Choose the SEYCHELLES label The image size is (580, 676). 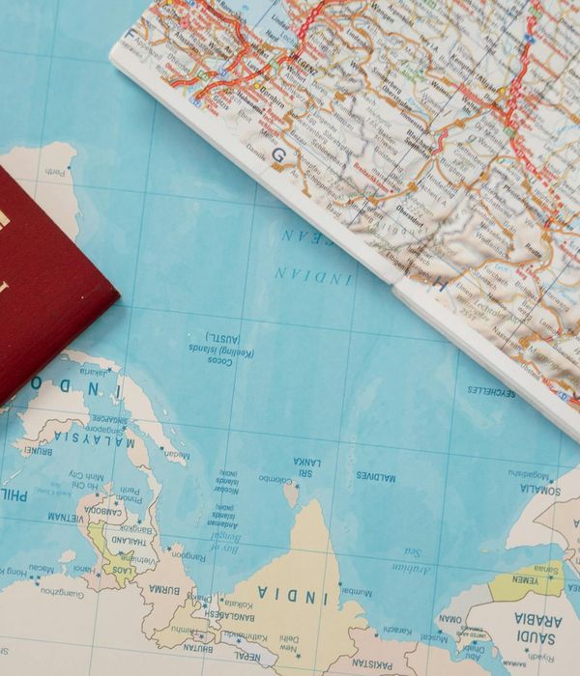click(491, 391)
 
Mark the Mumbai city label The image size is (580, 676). click(357, 589)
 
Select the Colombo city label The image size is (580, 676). click(274, 477)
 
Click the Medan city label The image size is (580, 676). click(177, 454)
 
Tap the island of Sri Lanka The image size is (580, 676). click(291, 495)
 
